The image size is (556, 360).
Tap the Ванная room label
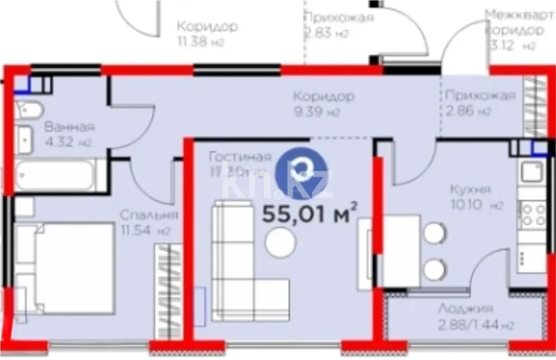69,127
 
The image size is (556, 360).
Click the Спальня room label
148,215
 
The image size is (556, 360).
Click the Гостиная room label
240,156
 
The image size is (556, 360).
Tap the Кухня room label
471,189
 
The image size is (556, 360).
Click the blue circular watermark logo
302,167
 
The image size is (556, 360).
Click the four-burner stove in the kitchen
533,215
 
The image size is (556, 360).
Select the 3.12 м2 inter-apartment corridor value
514,46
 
